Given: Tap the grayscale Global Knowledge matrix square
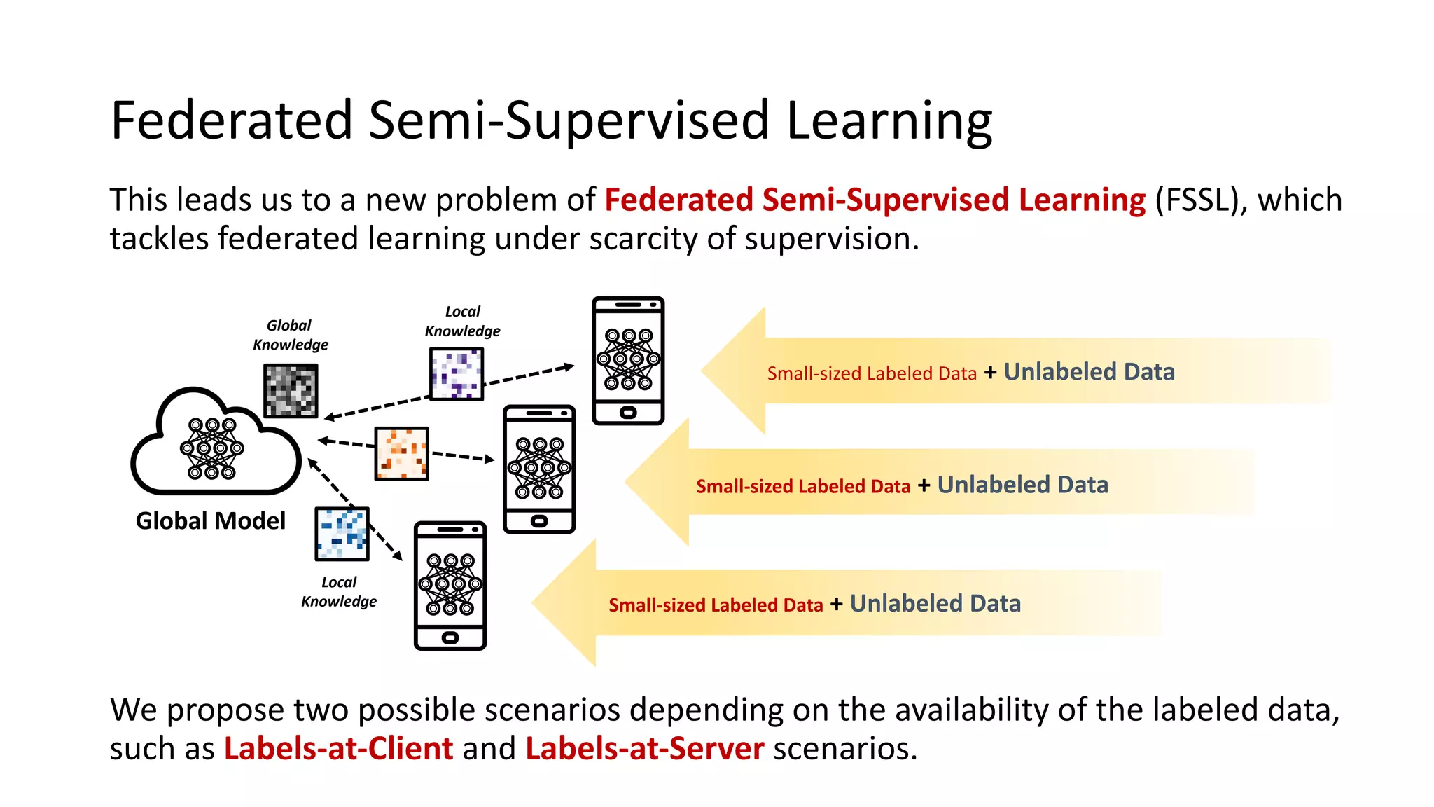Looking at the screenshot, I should tap(291, 390).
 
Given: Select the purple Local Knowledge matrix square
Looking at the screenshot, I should tap(457, 374).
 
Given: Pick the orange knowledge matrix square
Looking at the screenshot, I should tap(401, 453).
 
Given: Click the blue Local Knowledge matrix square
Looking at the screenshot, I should tap(342, 534).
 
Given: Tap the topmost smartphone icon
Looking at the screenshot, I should tap(628, 360).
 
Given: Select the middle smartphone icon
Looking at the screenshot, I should tap(539, 469).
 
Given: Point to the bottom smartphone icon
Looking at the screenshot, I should tap(450, 585).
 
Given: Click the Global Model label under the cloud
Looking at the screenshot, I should tap(211, 521).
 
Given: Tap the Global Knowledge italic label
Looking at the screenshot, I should tap(290, 335).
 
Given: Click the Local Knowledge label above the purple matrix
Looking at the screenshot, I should tap(462, 321).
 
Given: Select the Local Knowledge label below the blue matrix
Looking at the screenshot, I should tap(339, 592).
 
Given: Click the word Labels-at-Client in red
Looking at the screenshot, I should tap(338, 749).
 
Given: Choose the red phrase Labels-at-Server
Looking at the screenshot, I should tap(644, 749).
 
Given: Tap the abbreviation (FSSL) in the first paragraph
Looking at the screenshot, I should tap(1202, 200).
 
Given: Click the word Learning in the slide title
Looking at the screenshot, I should tap(889, 121).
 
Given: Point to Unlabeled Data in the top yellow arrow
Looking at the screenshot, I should tap(1089, 372).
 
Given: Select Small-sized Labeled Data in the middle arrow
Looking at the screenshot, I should tap(803, 486).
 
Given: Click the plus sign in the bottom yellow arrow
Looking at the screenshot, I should tap(836, 605).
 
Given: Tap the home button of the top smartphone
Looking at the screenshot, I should tap(628, 413).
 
